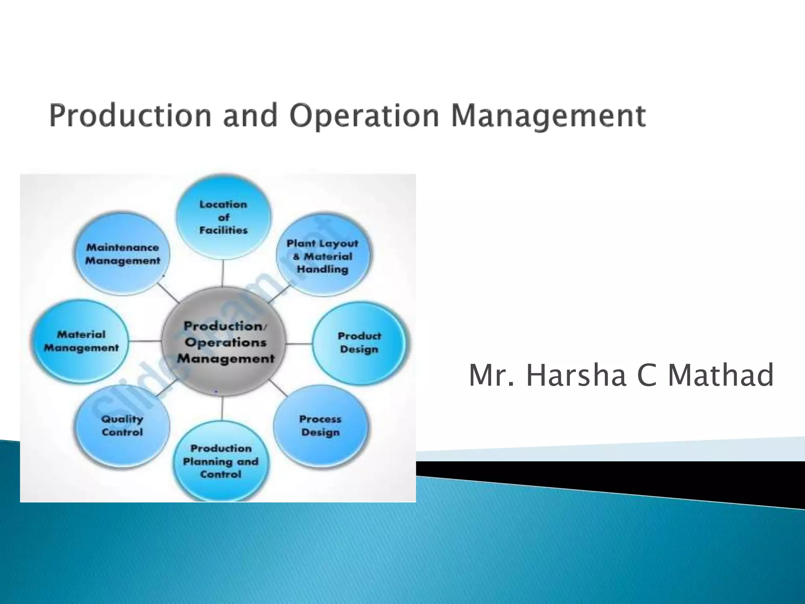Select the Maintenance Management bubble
coord(123,254)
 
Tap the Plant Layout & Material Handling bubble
coord(323,256)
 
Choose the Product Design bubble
coord(359,343)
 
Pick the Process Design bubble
coord(321,425)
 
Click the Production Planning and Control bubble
coord(221,461)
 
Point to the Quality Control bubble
coord(122,425)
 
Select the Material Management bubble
coord(81,341)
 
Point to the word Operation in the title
coord(364,116)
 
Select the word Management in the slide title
coord(548,116)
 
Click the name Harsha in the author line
coord(576,375)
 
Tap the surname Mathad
coord(721,375)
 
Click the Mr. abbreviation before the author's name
coord(492,375)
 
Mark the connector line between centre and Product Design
coord(299,344)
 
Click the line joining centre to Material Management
coord(145,341)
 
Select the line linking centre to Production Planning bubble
coord(222,408)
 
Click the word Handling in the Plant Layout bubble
coord(323,270)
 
